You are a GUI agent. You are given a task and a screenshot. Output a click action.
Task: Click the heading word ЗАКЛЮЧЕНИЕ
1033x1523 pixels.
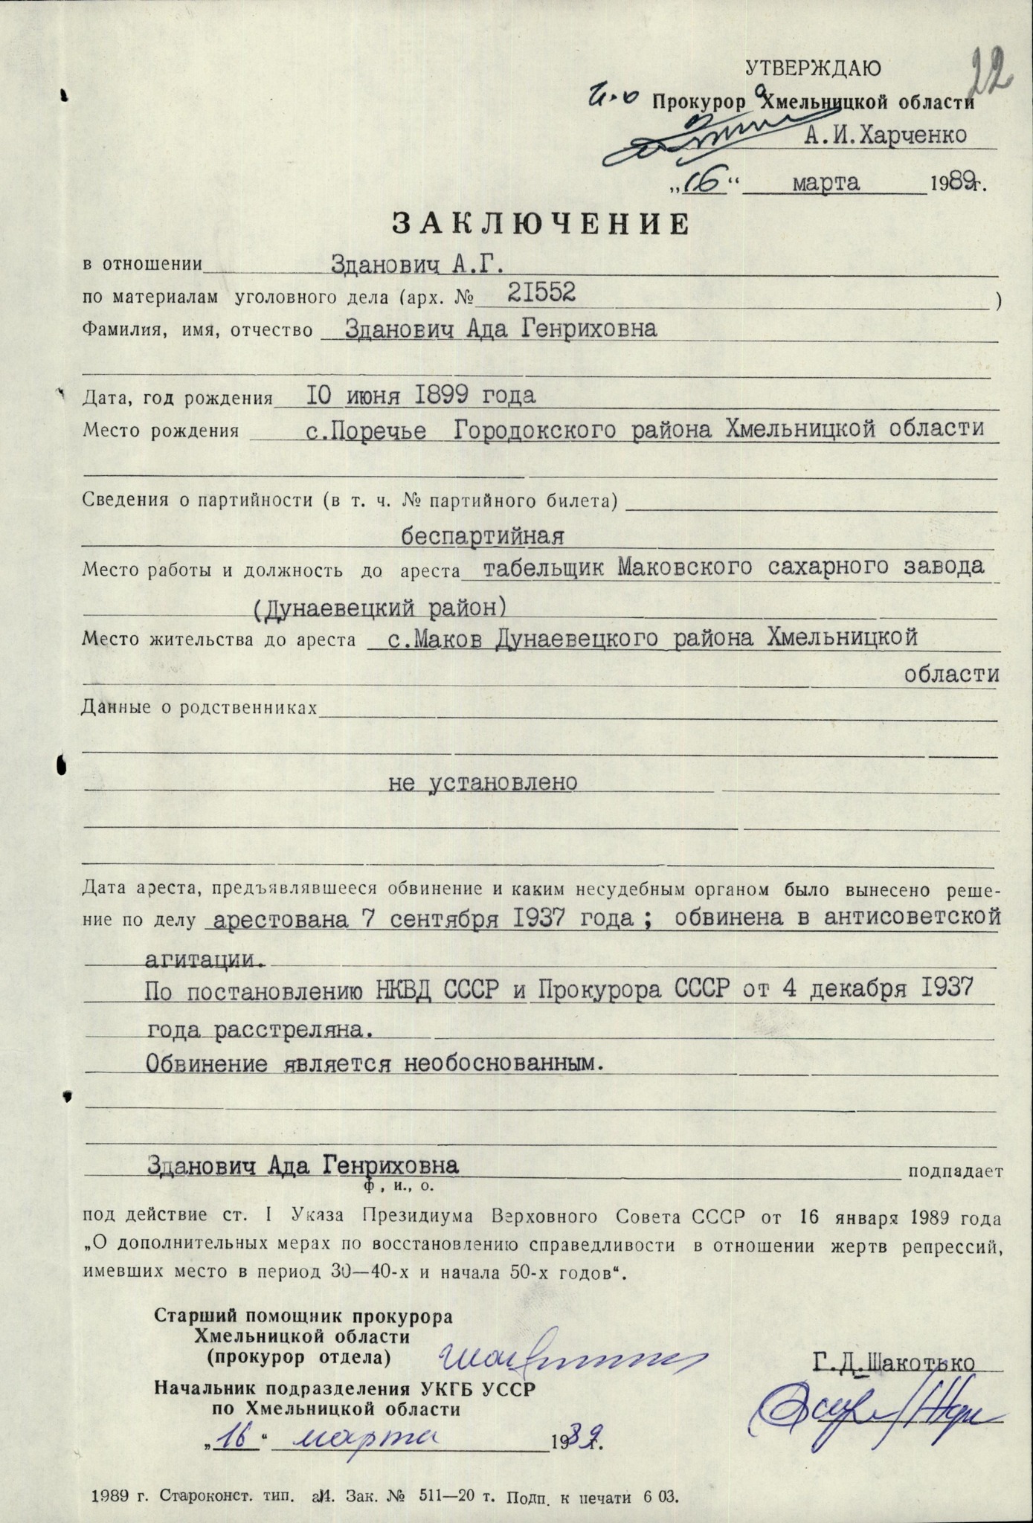coord(541,224)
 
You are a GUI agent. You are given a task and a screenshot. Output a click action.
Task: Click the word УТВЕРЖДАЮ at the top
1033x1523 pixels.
coord(813,68)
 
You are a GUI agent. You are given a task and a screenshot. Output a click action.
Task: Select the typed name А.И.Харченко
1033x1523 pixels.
coord(885,135)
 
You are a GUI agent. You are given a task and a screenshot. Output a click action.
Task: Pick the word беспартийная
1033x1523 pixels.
coord(484,535)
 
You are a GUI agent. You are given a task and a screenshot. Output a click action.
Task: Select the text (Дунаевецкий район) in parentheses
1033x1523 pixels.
coord(380,608)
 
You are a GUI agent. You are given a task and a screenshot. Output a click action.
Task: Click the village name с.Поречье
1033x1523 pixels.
coord(367,430)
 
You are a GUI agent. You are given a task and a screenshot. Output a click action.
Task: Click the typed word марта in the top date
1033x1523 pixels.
coord(826,182)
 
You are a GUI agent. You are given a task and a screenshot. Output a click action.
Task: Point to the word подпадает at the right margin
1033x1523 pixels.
coord(956,1172)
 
